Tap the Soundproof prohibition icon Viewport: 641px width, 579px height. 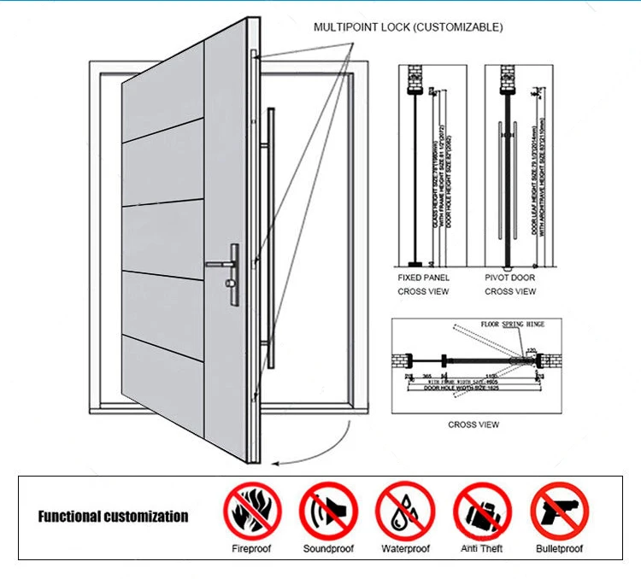pyautogui.click(x=327, y=512)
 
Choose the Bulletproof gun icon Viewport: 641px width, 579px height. pyautogui.click(x=559, y=512)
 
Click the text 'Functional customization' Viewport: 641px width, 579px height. pyautogui.click(x=113, y=516)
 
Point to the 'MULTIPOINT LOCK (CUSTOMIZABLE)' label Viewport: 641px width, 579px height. pyautogui.click(x=408, y=27)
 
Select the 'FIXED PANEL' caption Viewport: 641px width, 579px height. pyautogui.click(x=423, y=278)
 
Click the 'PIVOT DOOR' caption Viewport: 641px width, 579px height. pyautogui.click(x=510, y=278)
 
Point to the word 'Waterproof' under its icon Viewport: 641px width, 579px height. pyautogui.click(x=405, y=549)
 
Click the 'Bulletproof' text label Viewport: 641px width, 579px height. pyautogui.click(x=559, y=549)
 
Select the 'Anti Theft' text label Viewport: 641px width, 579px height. pyautogui.click(x=481, y=549)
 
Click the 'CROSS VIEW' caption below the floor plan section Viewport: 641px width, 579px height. pyautogui.click(x=473, y=424)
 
